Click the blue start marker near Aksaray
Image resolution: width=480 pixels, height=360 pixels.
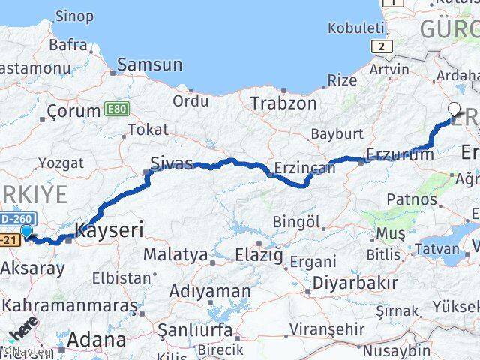coord(27,232)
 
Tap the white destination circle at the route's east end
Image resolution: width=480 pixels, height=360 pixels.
coord(454,107)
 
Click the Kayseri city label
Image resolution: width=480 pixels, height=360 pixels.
coord(109,229)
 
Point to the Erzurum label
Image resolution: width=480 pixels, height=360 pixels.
coord(399,155)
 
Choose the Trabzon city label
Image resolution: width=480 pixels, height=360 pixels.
coord(283,103)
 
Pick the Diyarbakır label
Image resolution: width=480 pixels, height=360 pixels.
coord(355,282)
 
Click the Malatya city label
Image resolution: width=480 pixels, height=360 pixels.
coord(175,254)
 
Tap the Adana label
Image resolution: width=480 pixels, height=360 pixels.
coord(96,339)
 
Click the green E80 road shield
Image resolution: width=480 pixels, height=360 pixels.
coord(116,109)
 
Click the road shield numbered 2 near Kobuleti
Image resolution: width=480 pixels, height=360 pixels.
coord(383,46)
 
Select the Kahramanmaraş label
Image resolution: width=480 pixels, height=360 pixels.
coord(70,306)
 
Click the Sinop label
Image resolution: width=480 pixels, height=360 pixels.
coord(75,16)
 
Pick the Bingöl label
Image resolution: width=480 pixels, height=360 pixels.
coord(296,223)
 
